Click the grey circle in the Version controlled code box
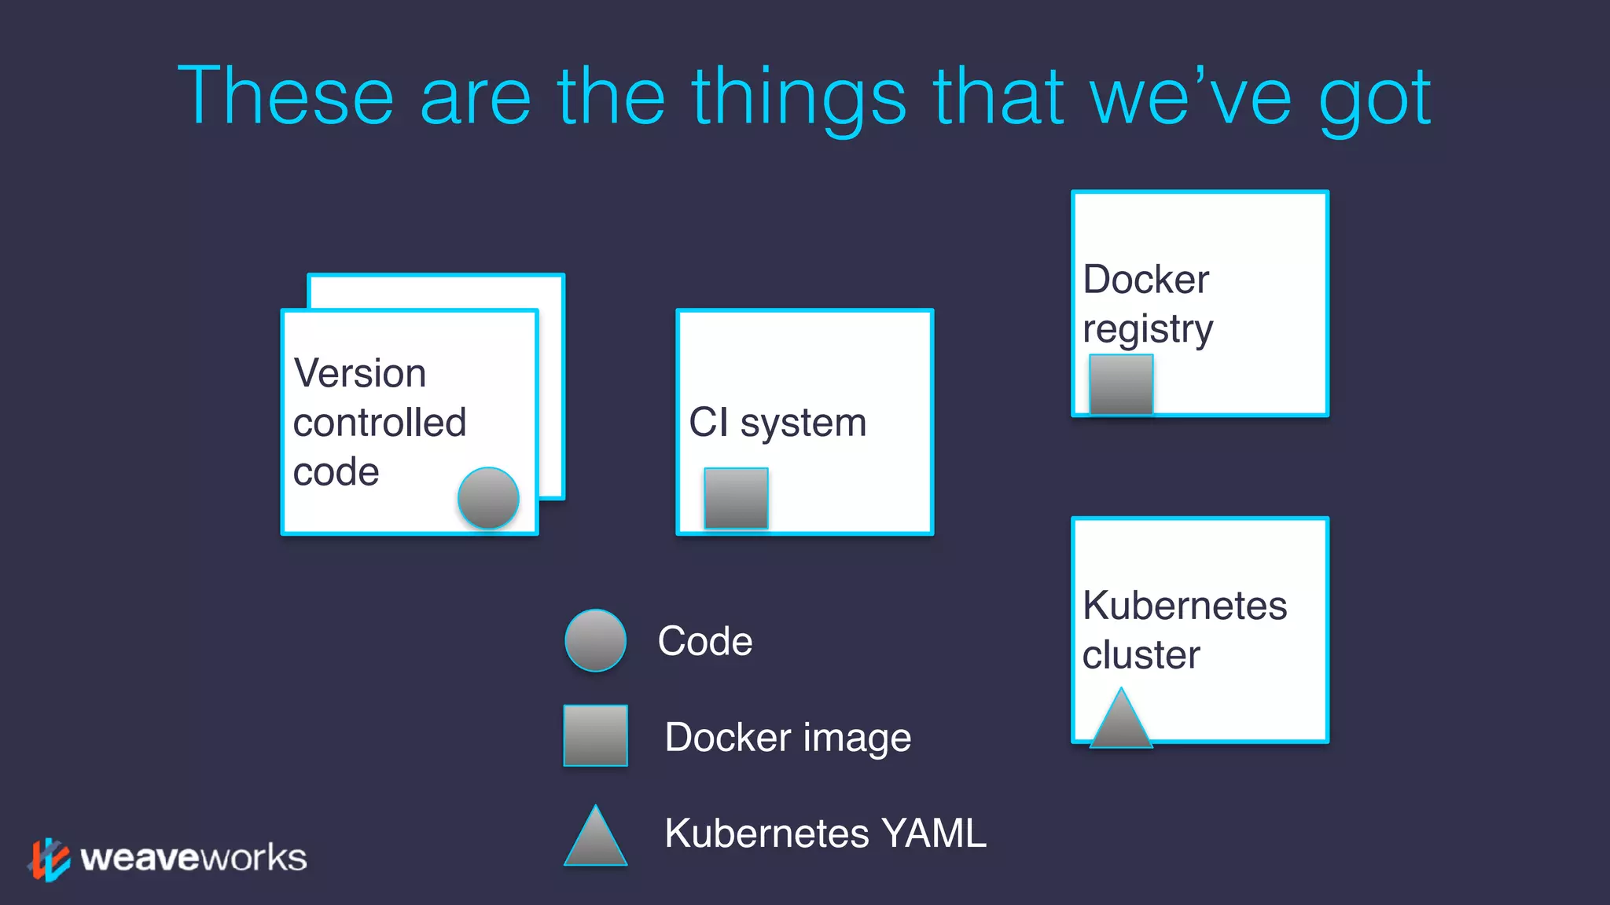pyautogui.click(x=488, y=498)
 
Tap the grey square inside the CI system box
pyautogui.click(x=736, y=498)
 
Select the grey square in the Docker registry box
pyautogui.click(x=1121, y=384)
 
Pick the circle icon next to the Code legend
pyautogui.click(x=596, y=640)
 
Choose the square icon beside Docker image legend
pyautogui.click(x=596, y=735)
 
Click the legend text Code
pyautogui.click(x=704, y=641)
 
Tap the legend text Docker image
pyautogui.click(x=788, y=737)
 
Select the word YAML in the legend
pyautogui.click(x=933, y=833)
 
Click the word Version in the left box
pyautogui.click(x=360, y=373)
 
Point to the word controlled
pyautogui.click(x=380, y=423)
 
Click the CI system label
pyautogui.click(x=777, y=423)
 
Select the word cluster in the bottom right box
pyautogui.click(x=1141, y=654)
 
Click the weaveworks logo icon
pyautogui.click(x=49, y=859)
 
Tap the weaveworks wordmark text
pyautogui.click(x=193, y=858)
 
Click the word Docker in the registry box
pyautogui.click(x=1145, y=279)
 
